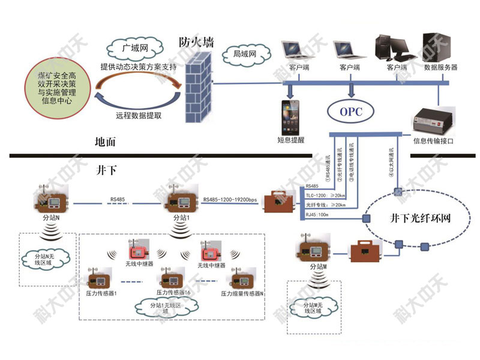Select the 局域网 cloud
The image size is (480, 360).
(244, 55)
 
